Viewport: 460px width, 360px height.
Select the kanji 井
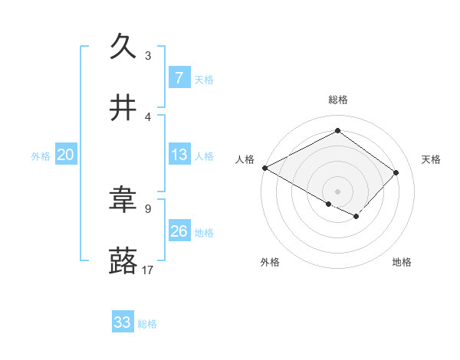[x=123, y=109]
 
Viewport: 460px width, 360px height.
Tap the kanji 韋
[x=123, y=201]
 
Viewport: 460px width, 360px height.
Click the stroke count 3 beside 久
[x=148, y=55]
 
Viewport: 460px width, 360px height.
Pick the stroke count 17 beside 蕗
[x=148, y=270]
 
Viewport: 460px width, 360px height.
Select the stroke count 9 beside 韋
[x=148, y=208]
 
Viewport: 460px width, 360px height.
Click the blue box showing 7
[x=179, y=77]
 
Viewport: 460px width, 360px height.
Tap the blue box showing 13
[x=179, y=155]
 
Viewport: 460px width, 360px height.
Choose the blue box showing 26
[x=179, y=231]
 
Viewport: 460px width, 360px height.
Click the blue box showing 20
[x=65, y=155]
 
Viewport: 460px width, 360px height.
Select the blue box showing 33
[x=123, y=322]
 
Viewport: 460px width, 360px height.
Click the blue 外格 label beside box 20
[x=41, y=155]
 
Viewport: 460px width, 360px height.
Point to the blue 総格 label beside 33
[x=147, y=324]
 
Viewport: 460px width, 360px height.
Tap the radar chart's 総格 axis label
[x=337, y=100]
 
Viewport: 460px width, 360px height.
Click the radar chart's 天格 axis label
[x=432, y=159]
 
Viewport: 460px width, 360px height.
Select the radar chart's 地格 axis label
[x=402, y=262]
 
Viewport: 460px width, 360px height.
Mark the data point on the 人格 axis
[x=264, y=168]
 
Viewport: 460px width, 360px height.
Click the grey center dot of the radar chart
[x=337, y=191]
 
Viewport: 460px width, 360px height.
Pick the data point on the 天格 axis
[x=396, y=172]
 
